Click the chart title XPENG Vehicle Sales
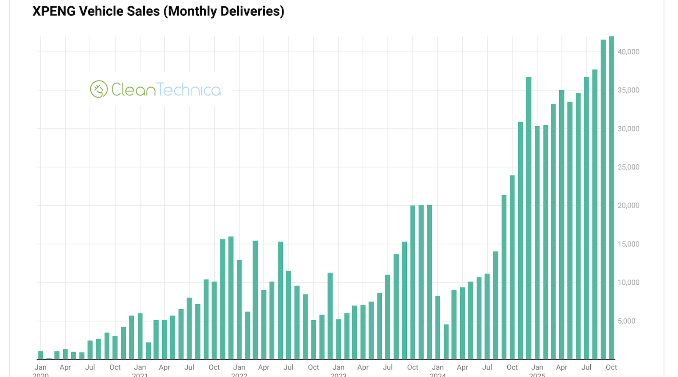[x=158, y=11]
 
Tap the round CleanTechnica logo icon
[x=99, y=89]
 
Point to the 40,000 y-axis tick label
[x=628, y=52]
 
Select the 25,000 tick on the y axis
[x=628, y=167]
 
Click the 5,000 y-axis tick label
[x=626, y=321]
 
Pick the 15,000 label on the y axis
[x=628, y=244]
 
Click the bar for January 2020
[x=41, y=355]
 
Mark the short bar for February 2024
[x=446, y=342]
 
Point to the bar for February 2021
[x=148, y=351]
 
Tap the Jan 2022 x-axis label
[x=239, y=368]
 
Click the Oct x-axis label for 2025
[x=611, y=367]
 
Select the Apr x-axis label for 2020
[x=65, y=367]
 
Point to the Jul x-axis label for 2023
[x=388, y=367]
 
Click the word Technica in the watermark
[x=189, y=90]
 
